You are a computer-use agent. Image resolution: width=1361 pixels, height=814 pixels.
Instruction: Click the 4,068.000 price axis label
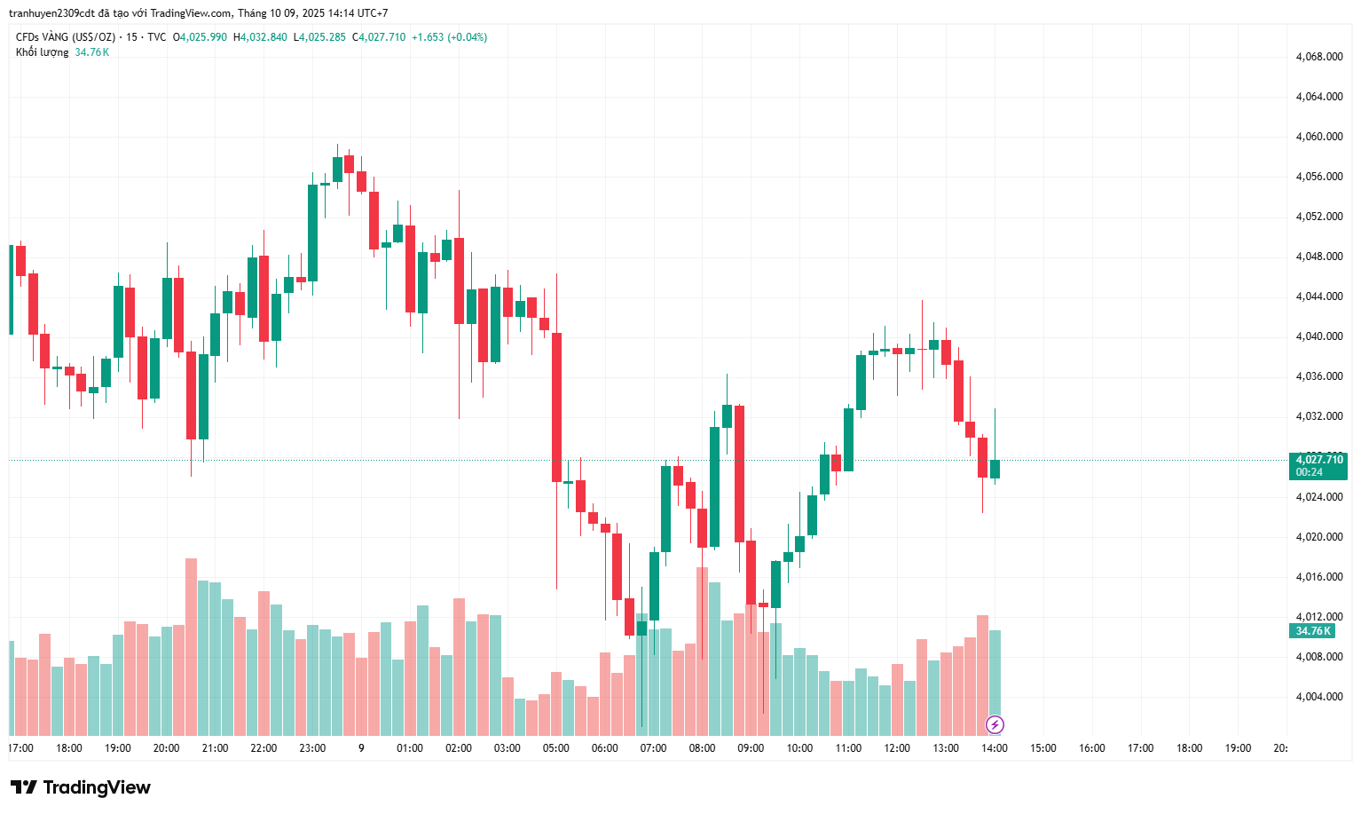[x=1318, y=57]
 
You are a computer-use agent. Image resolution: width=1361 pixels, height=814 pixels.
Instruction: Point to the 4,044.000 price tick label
[x=1318, y=296]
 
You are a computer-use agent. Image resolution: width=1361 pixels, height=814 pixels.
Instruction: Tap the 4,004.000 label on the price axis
[x=1318, y=697]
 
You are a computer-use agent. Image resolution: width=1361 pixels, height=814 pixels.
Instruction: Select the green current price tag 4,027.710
[x=1318, y=460]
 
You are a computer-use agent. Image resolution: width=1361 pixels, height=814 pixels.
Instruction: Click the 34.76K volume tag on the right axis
[x=1312, y=631]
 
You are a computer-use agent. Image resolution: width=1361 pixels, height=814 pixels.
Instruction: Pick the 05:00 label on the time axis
[x=556, y=748]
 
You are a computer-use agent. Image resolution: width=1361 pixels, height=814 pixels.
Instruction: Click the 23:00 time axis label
[x=312, y=748]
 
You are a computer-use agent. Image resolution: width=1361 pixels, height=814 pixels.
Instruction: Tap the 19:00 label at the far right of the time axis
[x=1238, y=748]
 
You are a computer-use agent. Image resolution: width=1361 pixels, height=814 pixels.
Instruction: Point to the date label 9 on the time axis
[x=361, y=748]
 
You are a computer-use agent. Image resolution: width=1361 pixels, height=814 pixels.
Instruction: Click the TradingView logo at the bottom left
[x=81, y=787]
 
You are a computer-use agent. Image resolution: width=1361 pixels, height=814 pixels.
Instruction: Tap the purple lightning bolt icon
[x=995, y=725]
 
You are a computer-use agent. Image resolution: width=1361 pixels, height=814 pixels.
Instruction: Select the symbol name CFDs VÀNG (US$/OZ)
[x=66, y=37]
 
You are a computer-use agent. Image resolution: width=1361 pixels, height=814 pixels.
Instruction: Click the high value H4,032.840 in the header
[x=260, y=37]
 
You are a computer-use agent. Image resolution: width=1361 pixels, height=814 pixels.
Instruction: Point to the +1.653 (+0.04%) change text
[x=449, y=37]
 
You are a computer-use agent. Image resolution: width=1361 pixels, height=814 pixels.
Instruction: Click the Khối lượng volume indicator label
[x=42, y=52]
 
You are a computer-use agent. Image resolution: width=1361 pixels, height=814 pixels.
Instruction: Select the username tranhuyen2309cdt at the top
[x=51, y=13]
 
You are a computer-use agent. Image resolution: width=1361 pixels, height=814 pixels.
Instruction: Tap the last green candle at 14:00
[x=995, y=469]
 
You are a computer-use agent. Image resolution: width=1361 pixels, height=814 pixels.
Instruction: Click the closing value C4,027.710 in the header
[x=379, y=37]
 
